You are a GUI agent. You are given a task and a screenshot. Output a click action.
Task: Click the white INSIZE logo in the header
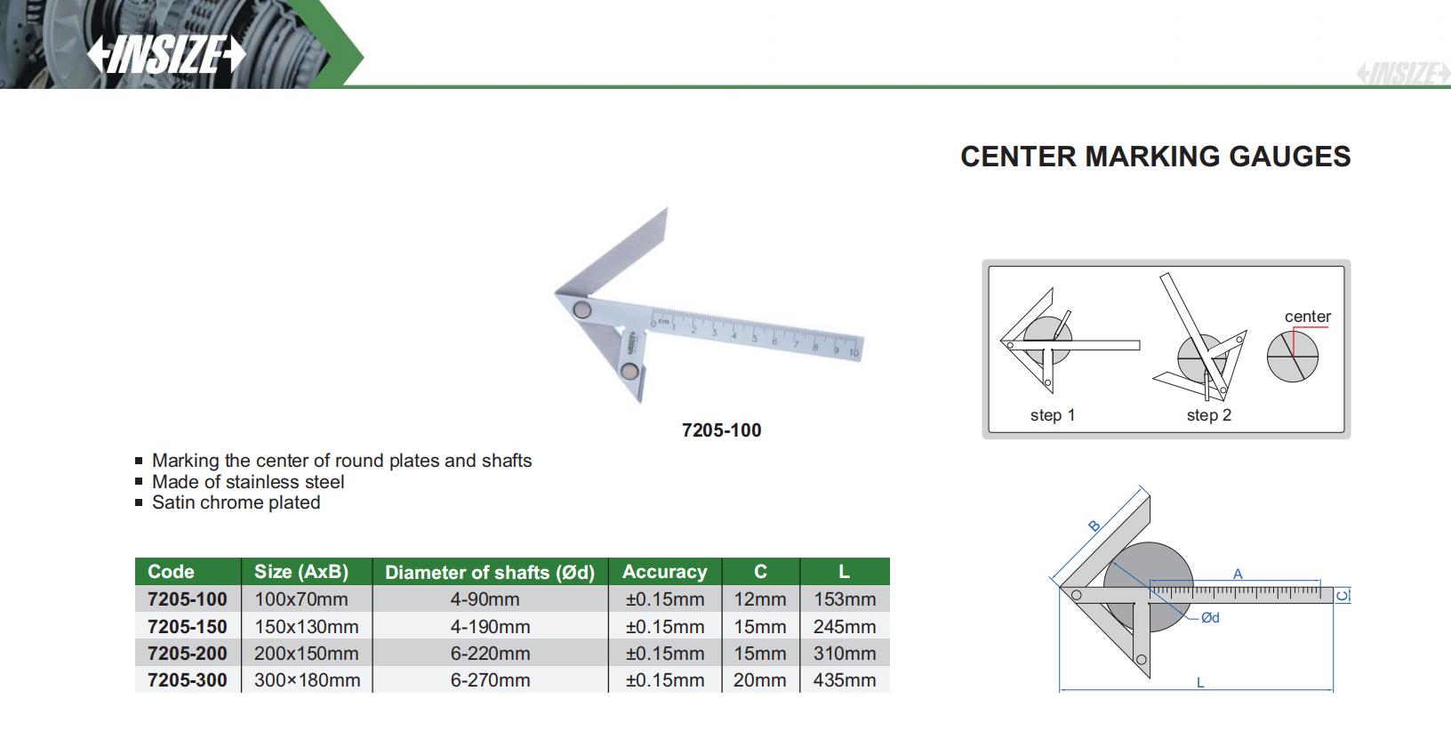(x=166, y=53)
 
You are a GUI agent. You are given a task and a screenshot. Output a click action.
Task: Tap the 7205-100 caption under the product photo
(x=722, y=430)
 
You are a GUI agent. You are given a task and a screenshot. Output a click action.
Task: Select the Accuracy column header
(x=665, y=571)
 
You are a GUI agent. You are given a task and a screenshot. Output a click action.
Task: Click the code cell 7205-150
(x=188, y=626)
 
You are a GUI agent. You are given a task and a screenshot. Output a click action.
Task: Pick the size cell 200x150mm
(x=307, y=654)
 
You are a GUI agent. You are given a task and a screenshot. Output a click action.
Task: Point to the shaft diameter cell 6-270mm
(x=491, y=680)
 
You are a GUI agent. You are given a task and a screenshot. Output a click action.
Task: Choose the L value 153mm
(x=845, y=599)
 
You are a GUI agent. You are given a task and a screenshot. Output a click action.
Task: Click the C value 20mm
(x=760, y=680)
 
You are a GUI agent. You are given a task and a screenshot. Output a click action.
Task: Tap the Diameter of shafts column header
(x=490, y=572)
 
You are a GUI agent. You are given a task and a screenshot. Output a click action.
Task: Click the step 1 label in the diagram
(x=1053, y=415)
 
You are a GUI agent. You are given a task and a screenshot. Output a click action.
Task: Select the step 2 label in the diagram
(x=1209, y=415)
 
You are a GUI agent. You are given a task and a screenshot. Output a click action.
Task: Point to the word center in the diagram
(x=1308, y=316)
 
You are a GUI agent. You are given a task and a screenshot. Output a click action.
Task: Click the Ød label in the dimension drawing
(x=1210, y=618)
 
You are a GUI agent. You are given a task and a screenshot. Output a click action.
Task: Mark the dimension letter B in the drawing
(x=1094, y=526)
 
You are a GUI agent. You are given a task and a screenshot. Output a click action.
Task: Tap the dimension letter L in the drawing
(x=1200, y=683)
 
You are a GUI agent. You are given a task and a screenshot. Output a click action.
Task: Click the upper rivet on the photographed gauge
(x=581, y=309)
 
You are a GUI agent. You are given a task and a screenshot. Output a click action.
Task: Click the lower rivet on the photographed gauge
(x=629, y=371)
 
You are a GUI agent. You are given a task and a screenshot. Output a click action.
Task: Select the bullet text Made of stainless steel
(x=248, y=482)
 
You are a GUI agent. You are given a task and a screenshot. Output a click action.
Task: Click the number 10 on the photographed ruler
(x=854, y=353)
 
